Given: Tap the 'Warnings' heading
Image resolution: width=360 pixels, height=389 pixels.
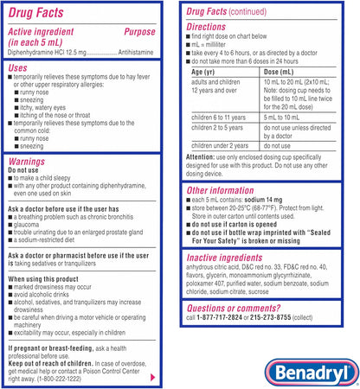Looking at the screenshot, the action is tap(28, 161).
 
